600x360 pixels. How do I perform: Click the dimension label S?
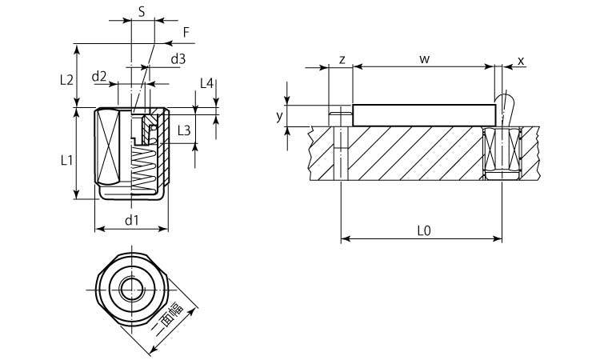pos(142,12)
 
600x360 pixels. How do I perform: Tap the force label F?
pos(186,32)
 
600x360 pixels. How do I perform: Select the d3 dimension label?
pos(178,58)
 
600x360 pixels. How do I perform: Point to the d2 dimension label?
pos(99,76)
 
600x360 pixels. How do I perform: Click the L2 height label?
pos(67,79)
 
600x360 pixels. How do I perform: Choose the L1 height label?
pos(67,159)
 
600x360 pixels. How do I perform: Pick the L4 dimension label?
pos(206,83)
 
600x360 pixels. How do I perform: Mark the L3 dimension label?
pos(182,130)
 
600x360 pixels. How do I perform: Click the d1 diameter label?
pos(132,219)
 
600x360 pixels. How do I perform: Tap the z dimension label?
pos(342,60)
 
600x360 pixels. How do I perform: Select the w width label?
pos(424,60)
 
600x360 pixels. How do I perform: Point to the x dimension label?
pos(521,61)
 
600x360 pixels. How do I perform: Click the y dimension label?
pos(279,115)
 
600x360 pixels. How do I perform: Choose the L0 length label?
pos(424,230)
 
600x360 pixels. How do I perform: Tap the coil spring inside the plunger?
pos(145,168)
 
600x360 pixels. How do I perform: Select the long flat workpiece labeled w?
pos(424,114)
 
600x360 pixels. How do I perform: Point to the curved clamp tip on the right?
pos(506,102)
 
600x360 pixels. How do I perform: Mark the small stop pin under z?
pos(341,116)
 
